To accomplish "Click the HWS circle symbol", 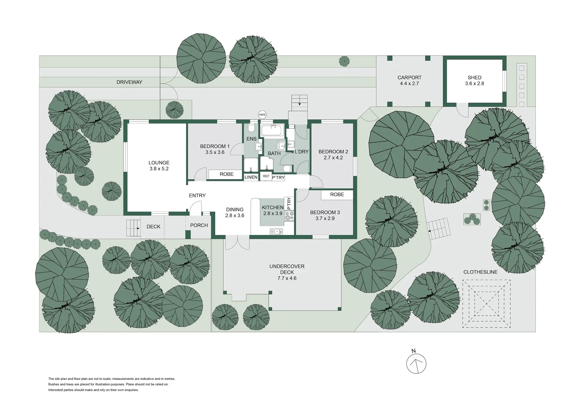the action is point(262,115).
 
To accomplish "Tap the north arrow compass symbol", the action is point(416,363).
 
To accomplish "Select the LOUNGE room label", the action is point(159,163).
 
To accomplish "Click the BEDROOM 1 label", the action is point(214,146).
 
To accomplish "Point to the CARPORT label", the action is point(409,78).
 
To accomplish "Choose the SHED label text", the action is point(474,78).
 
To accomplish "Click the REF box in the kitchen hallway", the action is point(266,176).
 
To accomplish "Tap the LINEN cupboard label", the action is point(251,177).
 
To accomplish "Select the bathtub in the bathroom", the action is point(272,130).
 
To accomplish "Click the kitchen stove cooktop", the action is point(289,216).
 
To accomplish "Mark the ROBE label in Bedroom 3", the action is point(337,195).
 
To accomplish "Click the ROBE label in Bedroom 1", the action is point(226,174).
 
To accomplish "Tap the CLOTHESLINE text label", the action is point(480,272).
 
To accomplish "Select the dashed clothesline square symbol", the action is point(486,303).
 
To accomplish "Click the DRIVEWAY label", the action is point(129,82).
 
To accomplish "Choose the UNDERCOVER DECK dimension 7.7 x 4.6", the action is point(287,278).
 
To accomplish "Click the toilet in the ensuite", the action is point(251,129).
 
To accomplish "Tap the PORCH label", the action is point(199,225).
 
